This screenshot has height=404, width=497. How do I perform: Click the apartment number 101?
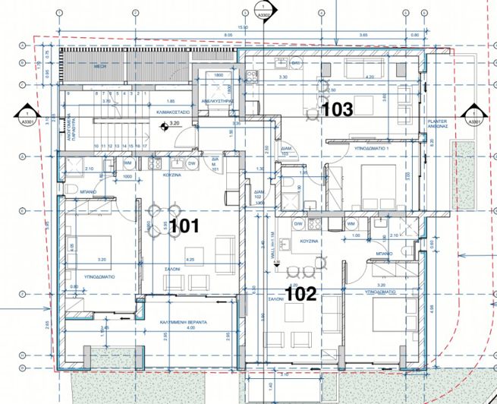click(x=184, y=226)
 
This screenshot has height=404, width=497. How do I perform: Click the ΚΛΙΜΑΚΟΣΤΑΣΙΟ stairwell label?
click(x=173, y=111)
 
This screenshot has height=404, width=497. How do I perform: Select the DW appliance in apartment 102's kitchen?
click(x=297, y=224)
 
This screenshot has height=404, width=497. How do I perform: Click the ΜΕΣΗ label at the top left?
click(x=99, y=67)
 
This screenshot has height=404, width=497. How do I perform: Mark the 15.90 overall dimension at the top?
click(x=243, y=27)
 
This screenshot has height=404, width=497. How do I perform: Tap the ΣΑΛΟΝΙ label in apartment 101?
click(x=172, y=269)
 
